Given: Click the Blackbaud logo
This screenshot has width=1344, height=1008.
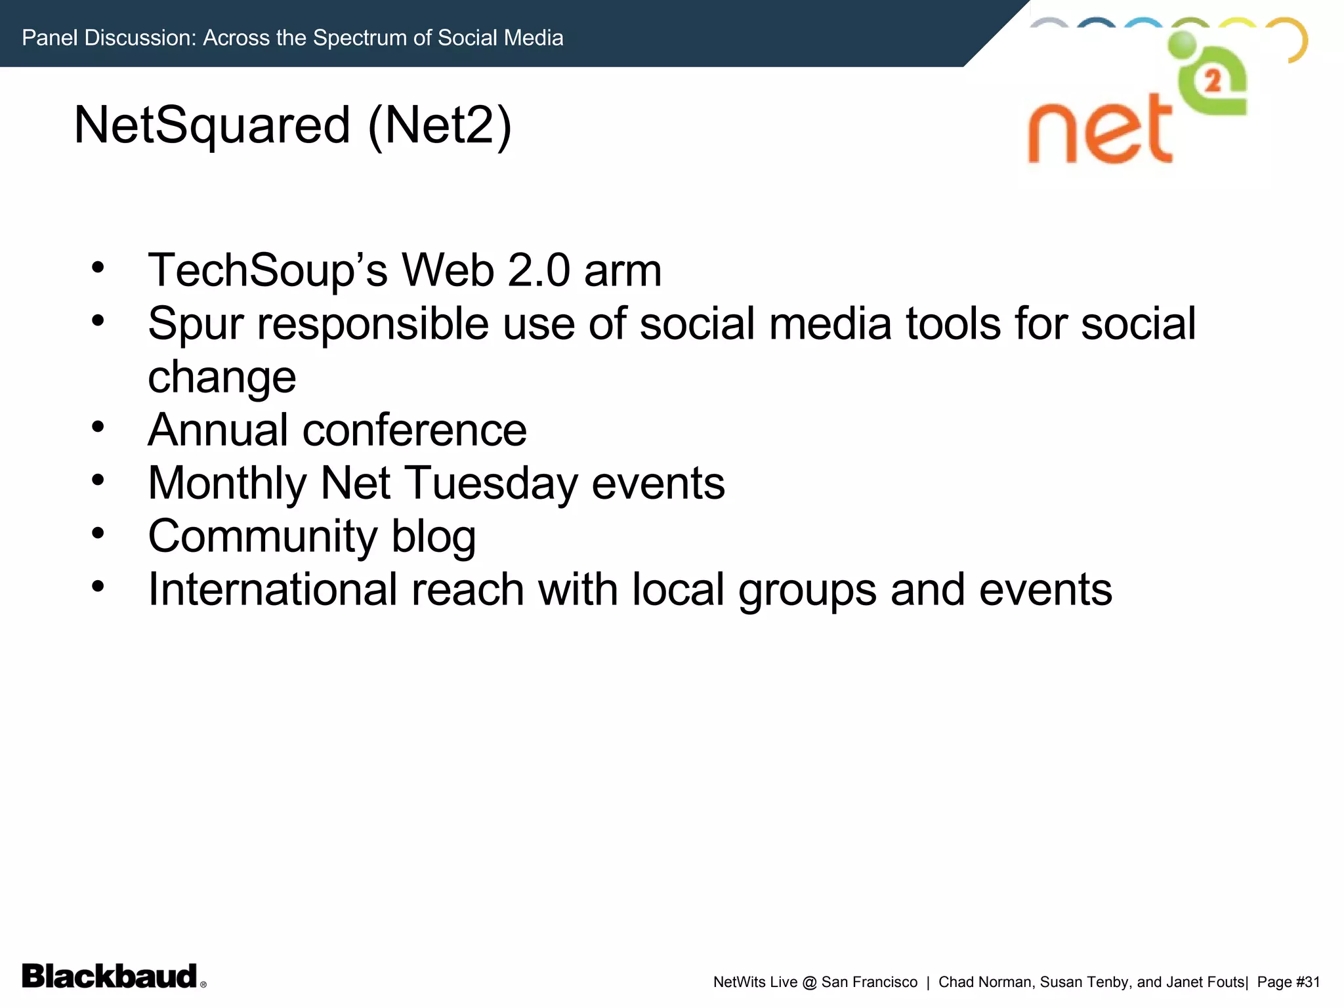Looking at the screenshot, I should pyautogui.click(x=110, y=976).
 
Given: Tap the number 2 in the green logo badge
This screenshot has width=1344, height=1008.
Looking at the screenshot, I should pyautogui.click(x=1213, y=81).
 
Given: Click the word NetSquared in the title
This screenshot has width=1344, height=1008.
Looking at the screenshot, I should pyautogui.click(x=212, y=125).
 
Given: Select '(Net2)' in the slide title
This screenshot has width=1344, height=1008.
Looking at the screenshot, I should pyautogui.click(x=440, y=125).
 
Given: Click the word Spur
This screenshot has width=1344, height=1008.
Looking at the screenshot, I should pyautogui.click(x=196, y=324).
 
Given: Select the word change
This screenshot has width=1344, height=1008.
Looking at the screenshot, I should pyautogui.click(x=222, y=377).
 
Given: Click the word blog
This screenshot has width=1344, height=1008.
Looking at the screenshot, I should pyautogui.click(x=433, y=537).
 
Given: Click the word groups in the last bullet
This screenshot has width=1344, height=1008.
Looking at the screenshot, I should pyautogui.click(x=807, y=589).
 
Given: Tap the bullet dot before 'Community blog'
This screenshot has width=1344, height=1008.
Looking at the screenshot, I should pyautogui.click(x=98, y=533).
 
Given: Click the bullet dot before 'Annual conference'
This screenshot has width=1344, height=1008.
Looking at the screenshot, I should pyautogui.click(x=98, y=427).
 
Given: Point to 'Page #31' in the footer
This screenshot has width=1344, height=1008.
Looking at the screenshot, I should pyautogui.click(x=1288, y=982).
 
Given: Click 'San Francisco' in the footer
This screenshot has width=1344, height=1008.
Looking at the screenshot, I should pyautogui.click(x=869, y=982).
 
